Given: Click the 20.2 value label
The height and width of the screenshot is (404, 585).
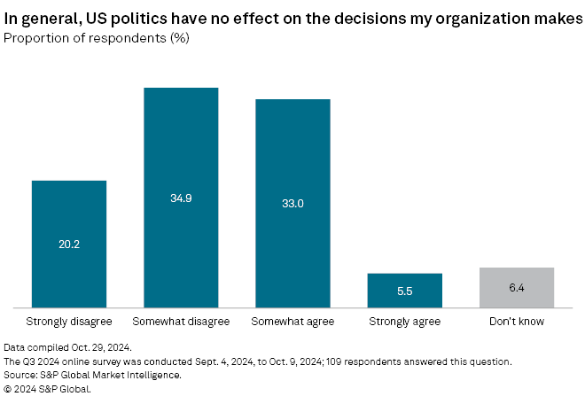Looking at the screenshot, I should click(69, 244).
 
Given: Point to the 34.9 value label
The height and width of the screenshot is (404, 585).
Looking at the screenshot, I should click(181, 198).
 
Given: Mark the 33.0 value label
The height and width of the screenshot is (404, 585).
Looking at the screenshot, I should click(292, 203).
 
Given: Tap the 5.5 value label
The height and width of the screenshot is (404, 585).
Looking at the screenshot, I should click(404, 291).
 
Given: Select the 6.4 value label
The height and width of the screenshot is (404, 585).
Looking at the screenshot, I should click(516, 287).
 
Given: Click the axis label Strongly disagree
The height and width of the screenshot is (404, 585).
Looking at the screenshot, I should click(69, 321).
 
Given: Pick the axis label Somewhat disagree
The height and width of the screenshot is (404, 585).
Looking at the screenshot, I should click(181, 321).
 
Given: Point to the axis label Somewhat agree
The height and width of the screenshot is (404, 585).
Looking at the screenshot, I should click(292, 321).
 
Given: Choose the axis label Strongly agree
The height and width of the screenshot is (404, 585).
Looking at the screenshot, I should click(404, 321).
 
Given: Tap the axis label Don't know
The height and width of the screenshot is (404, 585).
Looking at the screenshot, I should click(516, 321).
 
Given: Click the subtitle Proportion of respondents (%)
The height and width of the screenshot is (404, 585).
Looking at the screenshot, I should click(97, 38).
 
